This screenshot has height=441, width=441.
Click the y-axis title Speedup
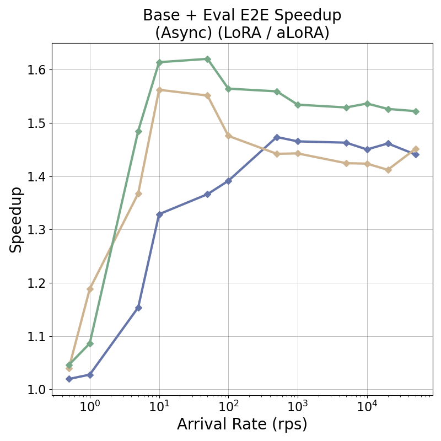coord(16,219)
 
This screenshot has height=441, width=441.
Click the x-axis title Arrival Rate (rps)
coord(242,424)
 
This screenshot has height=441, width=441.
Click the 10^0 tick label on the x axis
coord(90,407)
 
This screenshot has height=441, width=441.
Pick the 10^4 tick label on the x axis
coord(367,407)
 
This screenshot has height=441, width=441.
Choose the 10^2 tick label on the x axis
coord(228,407)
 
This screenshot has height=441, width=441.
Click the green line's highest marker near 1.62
coord(207,59)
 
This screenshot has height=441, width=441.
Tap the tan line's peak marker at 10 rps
coord(159,90)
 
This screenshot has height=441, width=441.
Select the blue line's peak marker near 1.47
coord(277,137)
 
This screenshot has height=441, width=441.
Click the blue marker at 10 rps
coord(159,214)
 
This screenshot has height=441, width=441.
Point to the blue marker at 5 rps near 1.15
coord(138,308)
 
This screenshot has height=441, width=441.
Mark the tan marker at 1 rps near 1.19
coord(90,289)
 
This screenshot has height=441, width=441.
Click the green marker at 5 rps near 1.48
coord(138,131)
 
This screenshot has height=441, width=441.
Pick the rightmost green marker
coord(416,111)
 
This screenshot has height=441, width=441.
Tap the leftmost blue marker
coord(69,379)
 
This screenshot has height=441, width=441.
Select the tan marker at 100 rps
coord(228,136)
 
